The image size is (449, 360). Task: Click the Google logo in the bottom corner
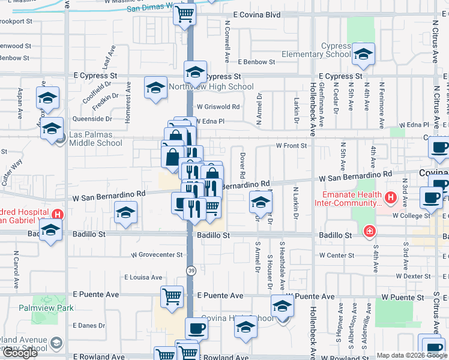click(x=20, y=353)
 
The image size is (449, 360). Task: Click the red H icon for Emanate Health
click(x=391, y=197)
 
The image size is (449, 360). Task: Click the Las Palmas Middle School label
click(x=95, y=139)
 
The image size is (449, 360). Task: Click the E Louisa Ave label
click(x=143, y=277)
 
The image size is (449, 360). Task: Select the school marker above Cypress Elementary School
click(x=363, y=55)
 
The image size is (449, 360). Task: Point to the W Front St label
click(x=291, y=145)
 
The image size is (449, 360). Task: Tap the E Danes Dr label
click(x=88, y=325)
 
